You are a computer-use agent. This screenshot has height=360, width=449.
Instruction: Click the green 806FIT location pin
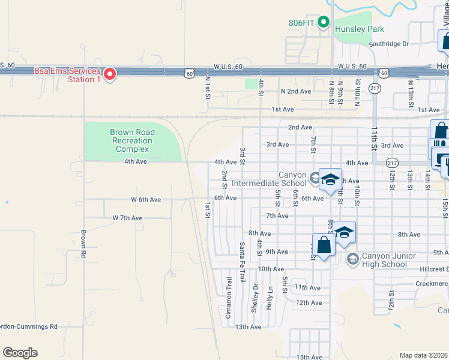[x=324, y=23]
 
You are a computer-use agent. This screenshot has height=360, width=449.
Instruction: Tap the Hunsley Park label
[x=360, y=29]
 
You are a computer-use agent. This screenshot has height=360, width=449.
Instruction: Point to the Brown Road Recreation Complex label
[x=132, y=140]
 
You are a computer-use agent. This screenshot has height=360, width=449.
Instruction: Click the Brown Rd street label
[x=84, y=242]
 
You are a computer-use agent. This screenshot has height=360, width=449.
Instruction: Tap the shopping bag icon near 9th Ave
[x=324, y=245]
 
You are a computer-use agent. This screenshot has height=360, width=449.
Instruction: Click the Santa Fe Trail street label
[x=243, y=262]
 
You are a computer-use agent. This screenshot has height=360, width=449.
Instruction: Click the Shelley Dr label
[x=255, y=298]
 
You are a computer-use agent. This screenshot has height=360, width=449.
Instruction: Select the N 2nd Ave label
[x=296, y=91]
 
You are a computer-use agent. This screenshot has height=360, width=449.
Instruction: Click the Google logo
[x=20, y=352]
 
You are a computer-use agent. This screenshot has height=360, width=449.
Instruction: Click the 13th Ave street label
[x=248, y=327]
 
